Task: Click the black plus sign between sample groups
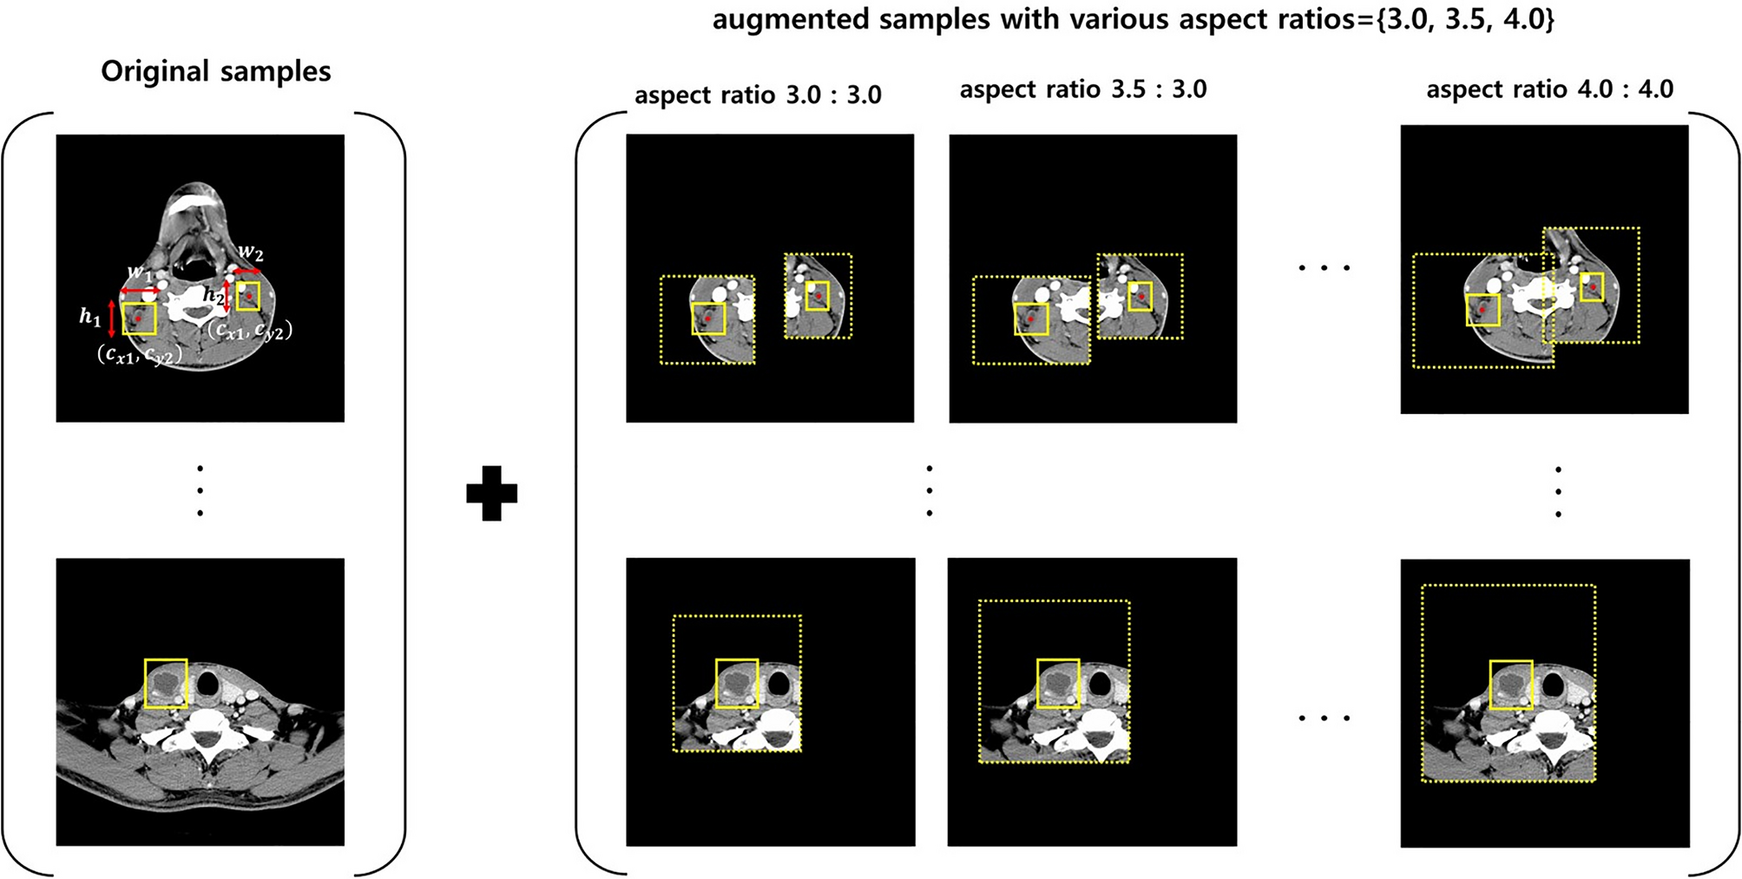(x=491, y=493)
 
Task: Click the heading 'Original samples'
(x=215, y=71)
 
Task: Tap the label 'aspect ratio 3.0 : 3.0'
(x=758, y=95)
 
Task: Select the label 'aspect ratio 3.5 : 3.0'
(x=1082, y=89)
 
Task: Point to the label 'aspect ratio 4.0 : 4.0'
(x=1549, y=89)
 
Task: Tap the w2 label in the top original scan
(x=251, y=253)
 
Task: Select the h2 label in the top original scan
(x=213, y=295)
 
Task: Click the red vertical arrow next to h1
(x=111, y=318)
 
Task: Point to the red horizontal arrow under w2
(x=247, y=272)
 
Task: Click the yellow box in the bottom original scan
(x=166, y=683)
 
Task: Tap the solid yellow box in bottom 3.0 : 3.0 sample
(x=737, y=683)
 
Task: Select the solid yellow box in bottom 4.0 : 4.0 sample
(x=1510, y=685)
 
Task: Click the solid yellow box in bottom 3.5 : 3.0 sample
(x=1058, y=683)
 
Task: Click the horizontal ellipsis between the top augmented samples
(x=1324, y=268)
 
